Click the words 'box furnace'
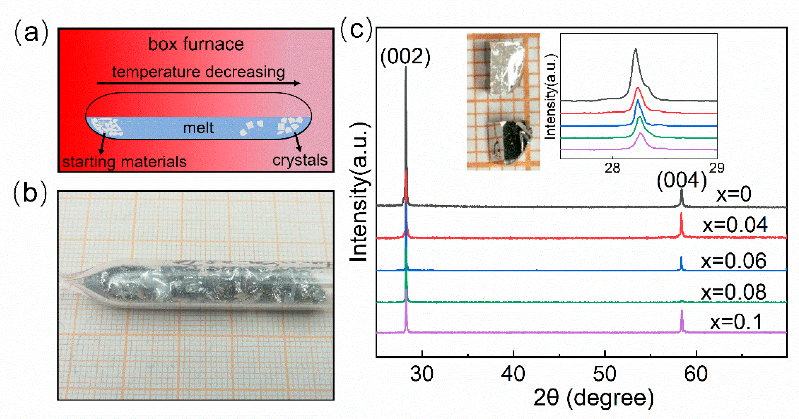click(x=196, y=44)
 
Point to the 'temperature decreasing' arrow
click(x=198, y=83)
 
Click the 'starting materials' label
click(x=124, y=162)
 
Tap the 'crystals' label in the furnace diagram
click(x=300, y=160)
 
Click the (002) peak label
click(x=405, y=57)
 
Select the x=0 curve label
click(x=733, y=194)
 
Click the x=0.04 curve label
click(x=735, y=225)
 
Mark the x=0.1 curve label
click(x=736, y=322)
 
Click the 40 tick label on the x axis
click(x=513, y=374)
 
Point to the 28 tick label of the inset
click(x=612, y=168)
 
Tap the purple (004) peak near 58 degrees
click(x=682, y=321)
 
